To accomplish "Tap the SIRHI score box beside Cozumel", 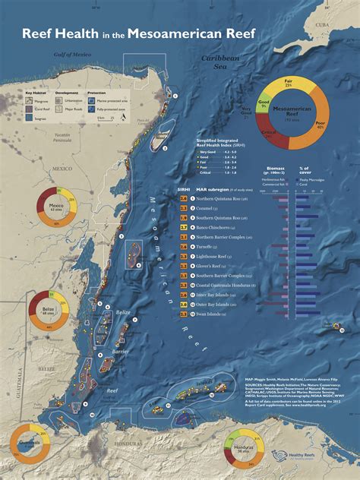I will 183,207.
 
